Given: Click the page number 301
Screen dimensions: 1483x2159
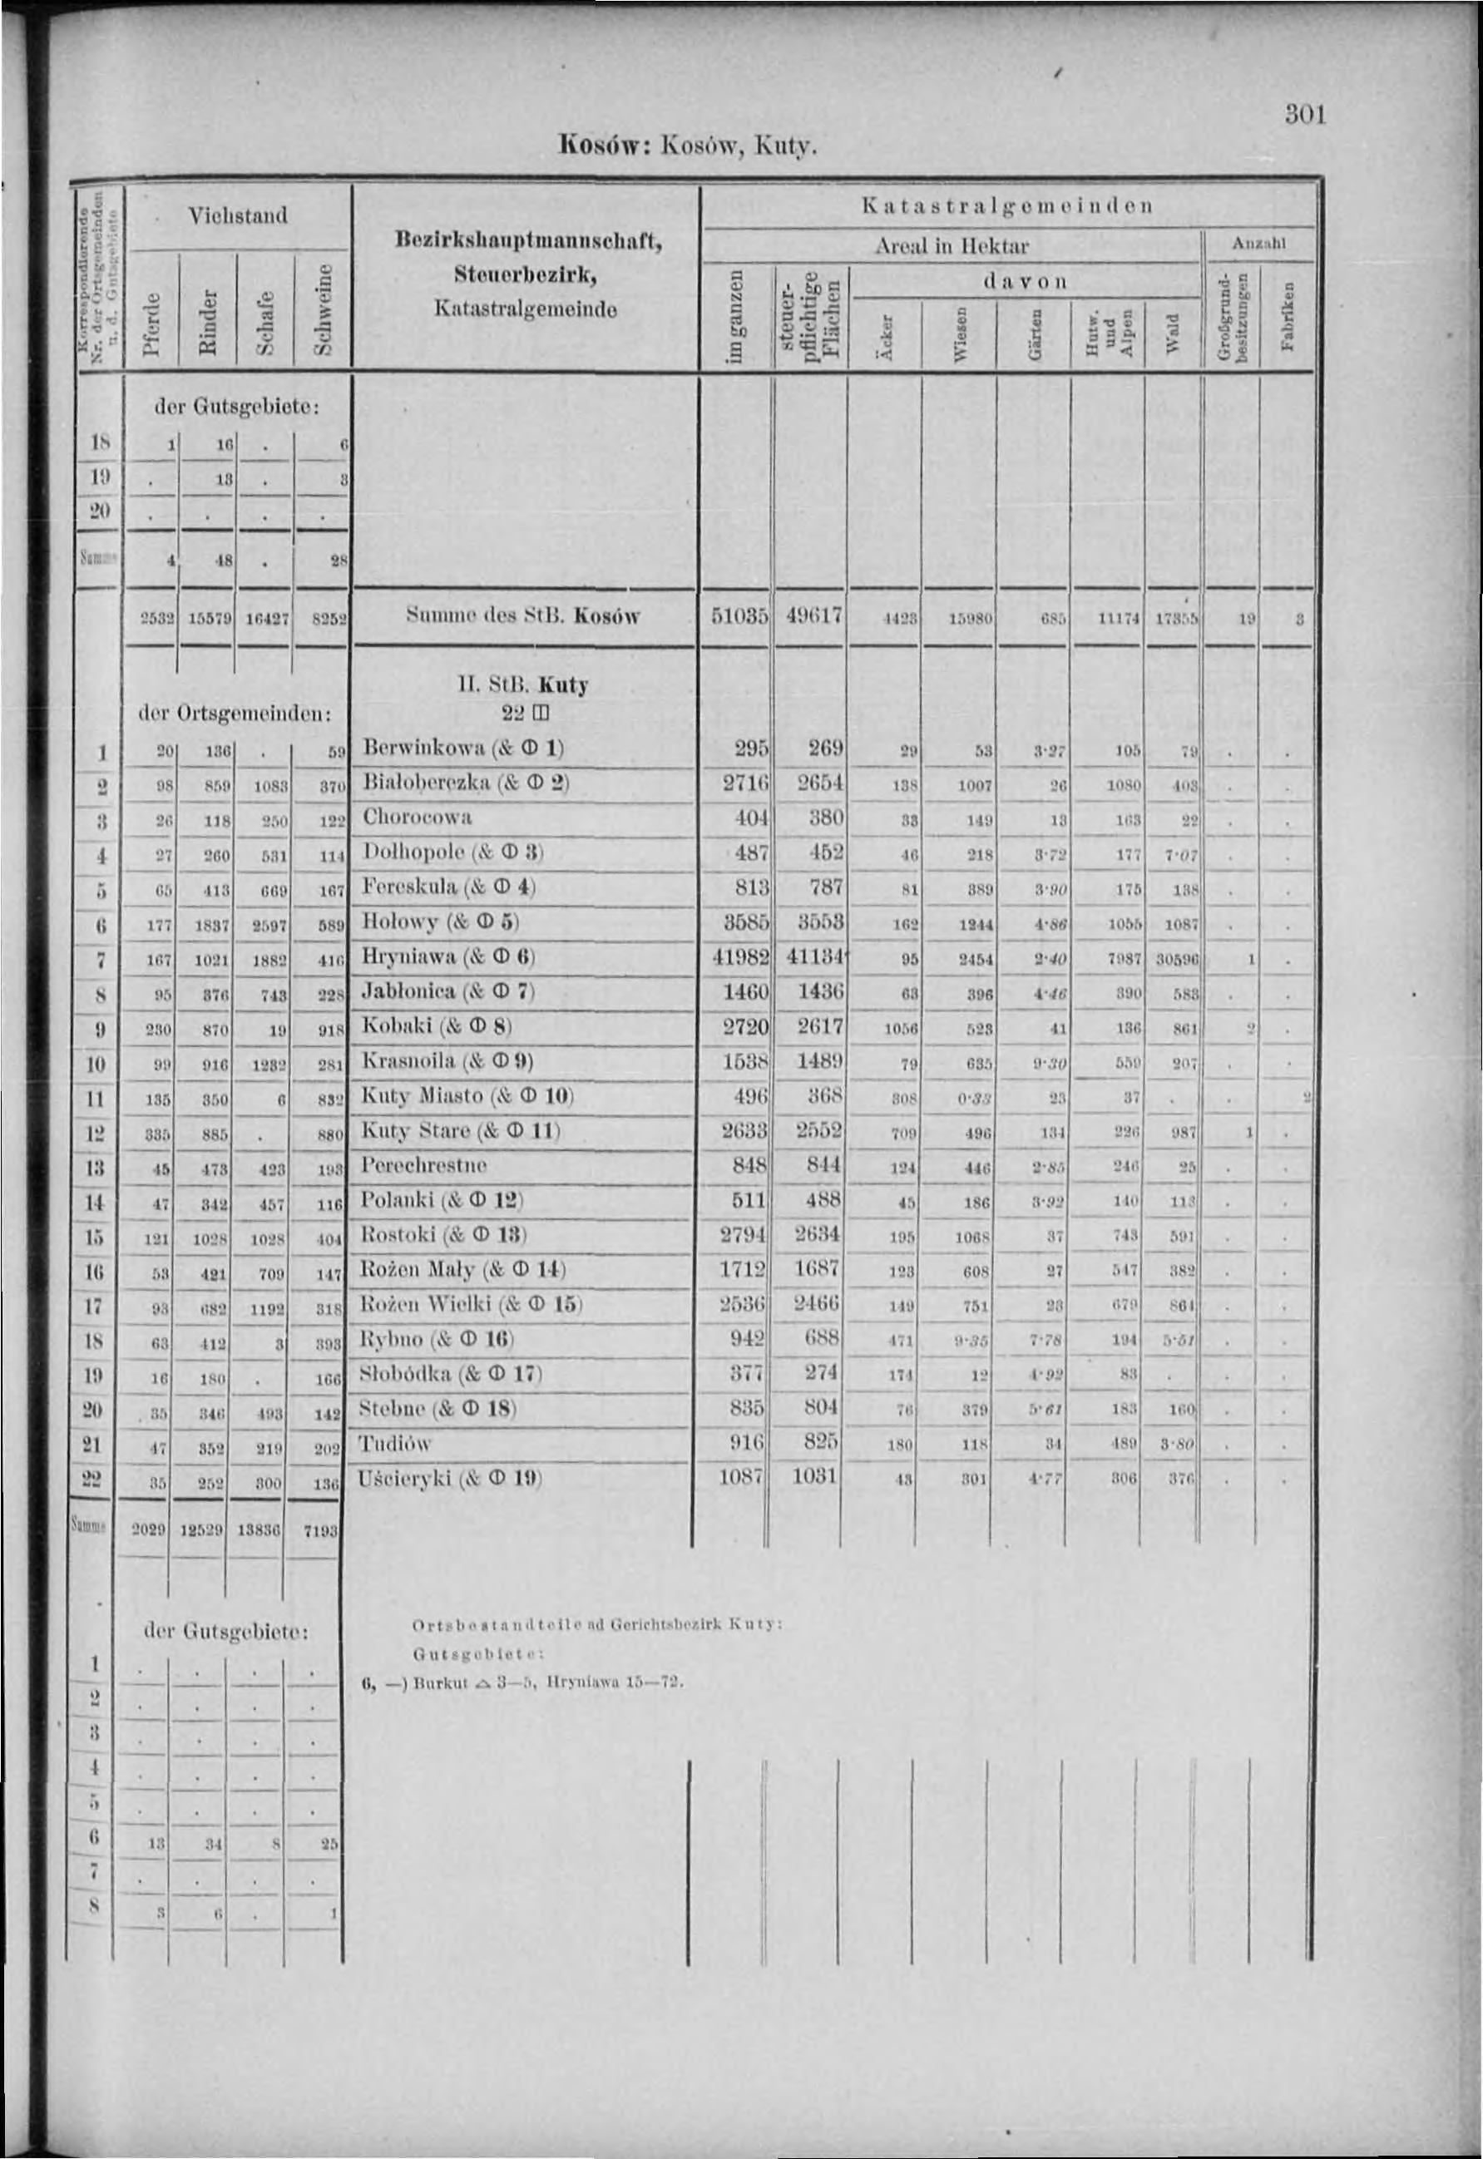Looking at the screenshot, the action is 1305,116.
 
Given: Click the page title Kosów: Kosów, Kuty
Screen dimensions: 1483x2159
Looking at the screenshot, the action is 687,145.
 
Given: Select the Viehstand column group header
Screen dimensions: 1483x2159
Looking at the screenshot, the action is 237,216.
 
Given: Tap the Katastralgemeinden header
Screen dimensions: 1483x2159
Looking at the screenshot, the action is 1007,205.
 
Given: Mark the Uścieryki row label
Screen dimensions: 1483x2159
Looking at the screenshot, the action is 404,1478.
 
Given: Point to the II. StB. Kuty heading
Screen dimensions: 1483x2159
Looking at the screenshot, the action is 523,685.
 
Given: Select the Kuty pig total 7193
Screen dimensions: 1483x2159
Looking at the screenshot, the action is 319,1530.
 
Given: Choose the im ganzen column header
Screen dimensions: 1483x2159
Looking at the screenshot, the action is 736,316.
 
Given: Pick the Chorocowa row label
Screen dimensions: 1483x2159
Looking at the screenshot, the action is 418,818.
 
